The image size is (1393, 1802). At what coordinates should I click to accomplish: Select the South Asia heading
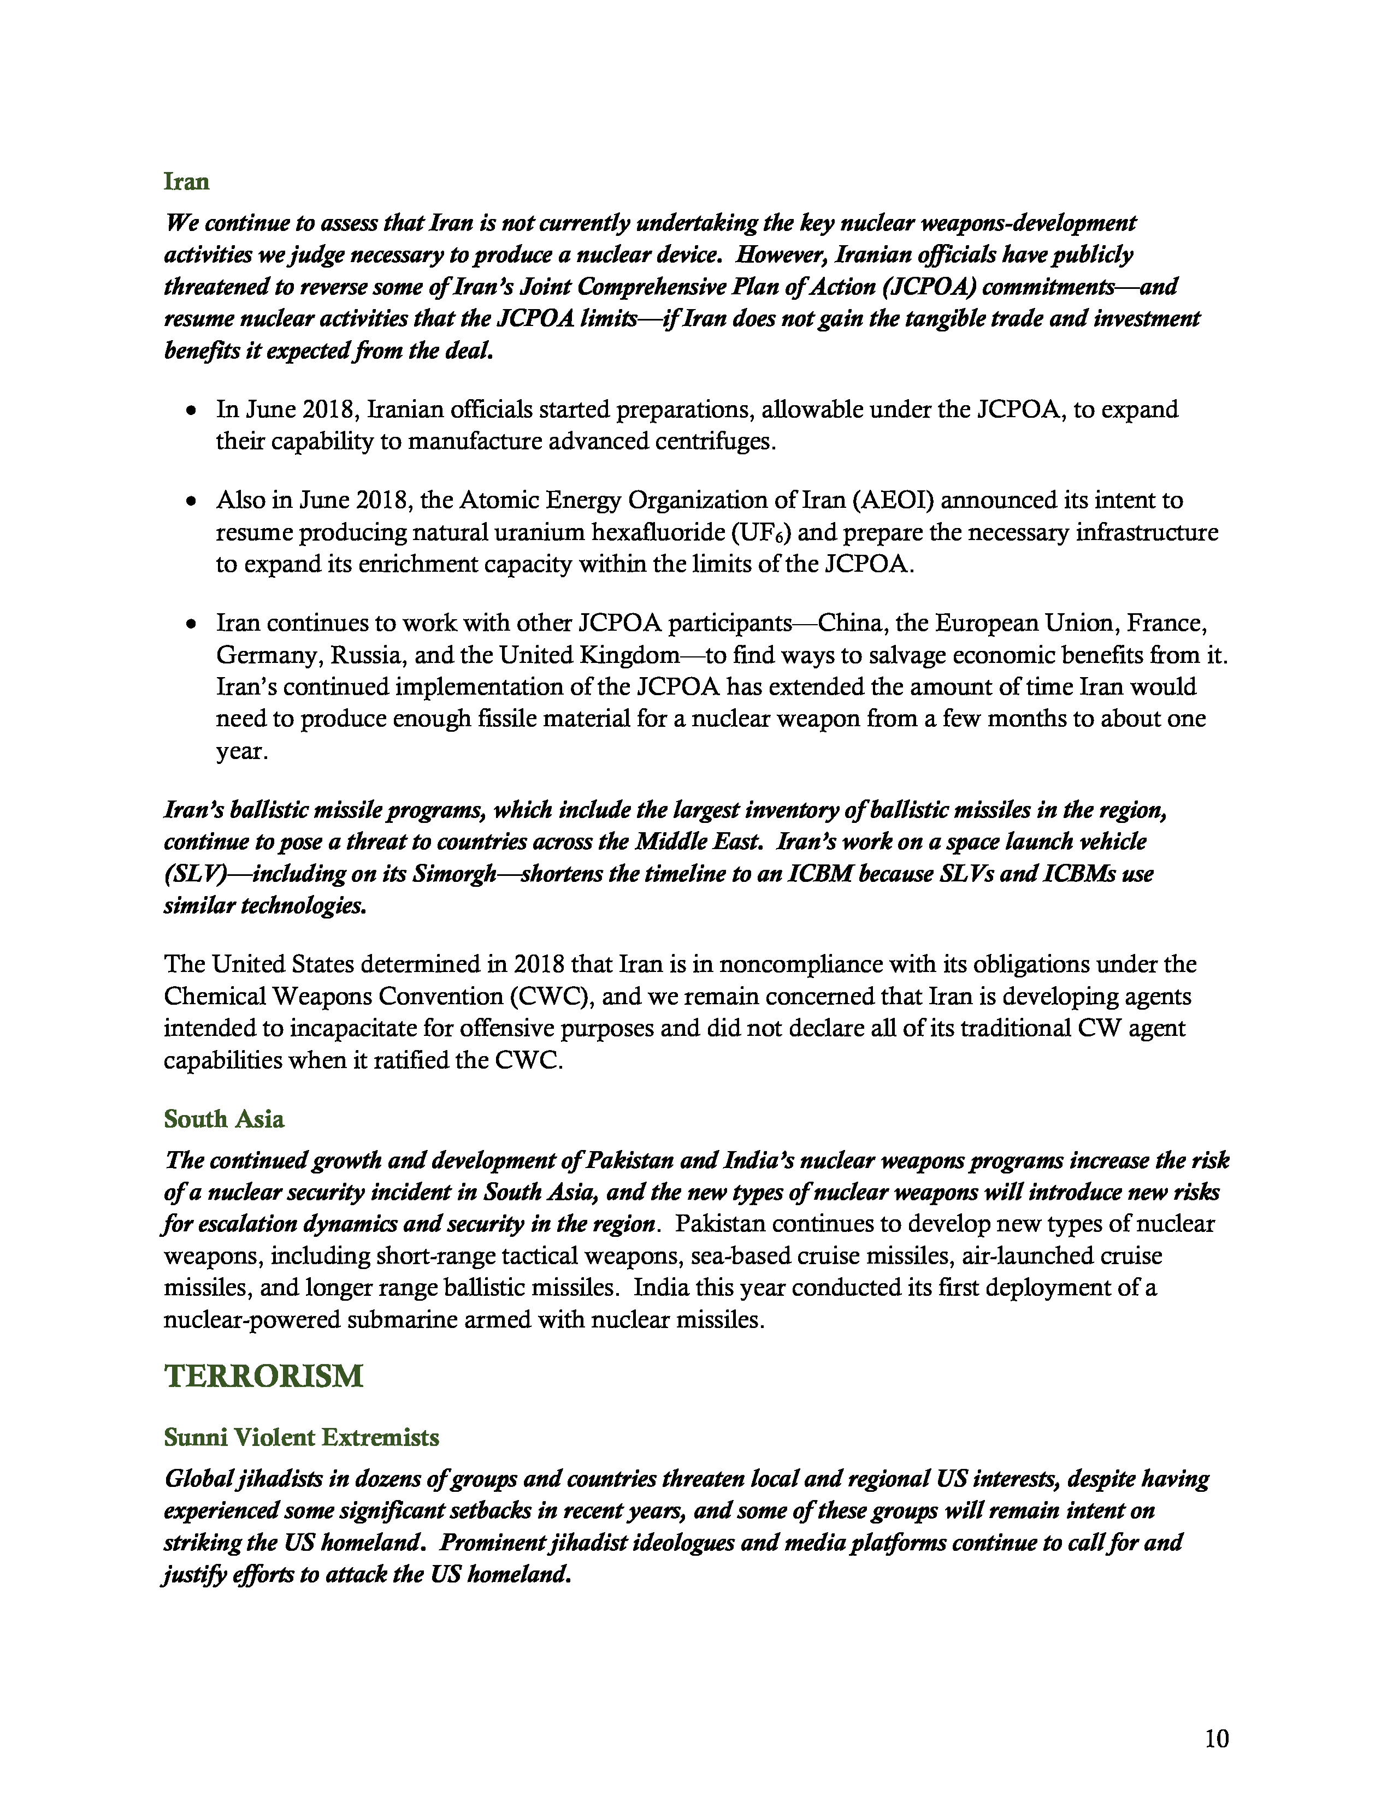tap(223, 1119)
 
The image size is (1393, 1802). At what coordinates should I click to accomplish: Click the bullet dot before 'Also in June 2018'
tap(191, 501)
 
